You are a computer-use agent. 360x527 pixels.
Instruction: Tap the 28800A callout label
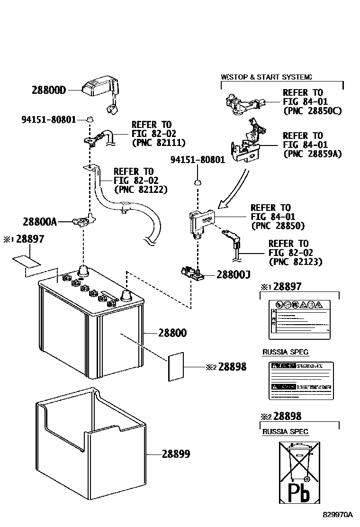pyautogui.click(x=39, y=221)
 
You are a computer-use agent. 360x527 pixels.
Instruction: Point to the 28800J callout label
pyautogui.click(x=234, y=274)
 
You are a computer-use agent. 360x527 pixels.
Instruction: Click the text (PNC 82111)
pyautogui.click(x=158, y=142)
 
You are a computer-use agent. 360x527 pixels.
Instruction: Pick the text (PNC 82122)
pyautogui.click(x=141, y=189)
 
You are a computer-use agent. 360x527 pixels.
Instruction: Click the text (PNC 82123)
pyautogui.click(x=295, y=262)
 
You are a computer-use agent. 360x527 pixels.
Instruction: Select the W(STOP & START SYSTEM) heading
pyautogui.click(x=266, y=77)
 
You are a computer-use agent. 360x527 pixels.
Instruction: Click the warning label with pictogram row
pyautogui.click(x=299, y=319)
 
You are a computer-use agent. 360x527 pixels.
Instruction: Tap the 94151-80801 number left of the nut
pyautogui.click(x=48, y=119)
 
